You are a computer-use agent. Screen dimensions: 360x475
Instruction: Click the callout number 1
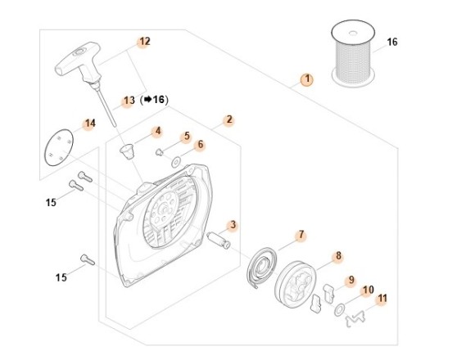pos(306,79)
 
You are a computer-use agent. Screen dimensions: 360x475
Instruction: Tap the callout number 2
pos(228,119)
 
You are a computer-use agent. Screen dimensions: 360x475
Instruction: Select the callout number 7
pos(301,235)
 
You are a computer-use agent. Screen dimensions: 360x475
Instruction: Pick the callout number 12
pos(145,41)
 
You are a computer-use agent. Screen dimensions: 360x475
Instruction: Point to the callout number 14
pos(89,124)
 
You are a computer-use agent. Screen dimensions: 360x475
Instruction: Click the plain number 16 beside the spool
pos(391,43)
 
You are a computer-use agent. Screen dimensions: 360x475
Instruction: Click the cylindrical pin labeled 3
pos(218,240)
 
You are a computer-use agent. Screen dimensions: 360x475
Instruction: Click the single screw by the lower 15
pos(88,260)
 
